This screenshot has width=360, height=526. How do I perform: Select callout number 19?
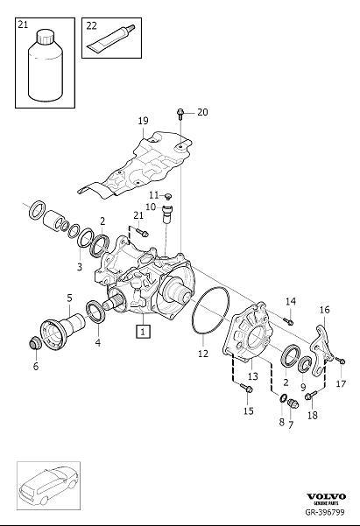[143, 121]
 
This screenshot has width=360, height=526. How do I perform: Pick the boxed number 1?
[142, 331]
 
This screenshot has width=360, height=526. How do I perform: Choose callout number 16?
[324, 309]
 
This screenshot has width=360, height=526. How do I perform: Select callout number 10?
[150, 207]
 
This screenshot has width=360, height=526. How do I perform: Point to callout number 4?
[96, 344]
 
